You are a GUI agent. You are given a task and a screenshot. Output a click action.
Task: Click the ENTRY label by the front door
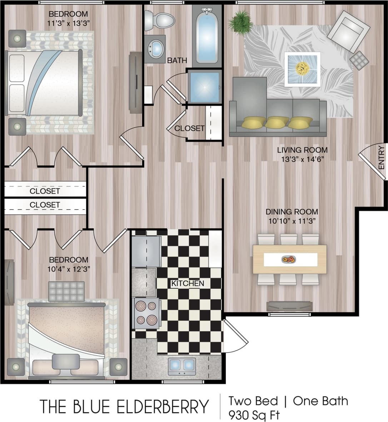pyautogui.click(x=381, y=158)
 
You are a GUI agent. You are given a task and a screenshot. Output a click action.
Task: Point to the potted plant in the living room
pyautogui.click(x=240, y=22)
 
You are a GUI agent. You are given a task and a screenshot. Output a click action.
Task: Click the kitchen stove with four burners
pyautogui.click(x=146, y=313)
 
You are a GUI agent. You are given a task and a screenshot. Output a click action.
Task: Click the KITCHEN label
pyautogui.click(x=188, y=283)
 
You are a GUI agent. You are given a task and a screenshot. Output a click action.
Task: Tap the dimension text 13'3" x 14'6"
pyautogui.click(x=302, y=159)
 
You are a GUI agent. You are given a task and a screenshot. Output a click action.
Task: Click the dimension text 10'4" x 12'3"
pyautogui.click(x=69, y=269)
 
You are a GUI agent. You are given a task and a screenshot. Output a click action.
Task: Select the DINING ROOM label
pyautogui.click(x=292, y=212)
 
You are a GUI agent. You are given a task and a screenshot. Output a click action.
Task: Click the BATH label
pyautogui.click(x=177, y=60)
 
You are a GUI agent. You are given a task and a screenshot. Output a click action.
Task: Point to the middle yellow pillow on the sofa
pyautogui.click(x=277, y=123)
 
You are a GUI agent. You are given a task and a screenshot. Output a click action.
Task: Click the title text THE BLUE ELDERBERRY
pyautogui.click(x=124, y=407)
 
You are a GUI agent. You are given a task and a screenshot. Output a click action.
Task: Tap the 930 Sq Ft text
pyautogui.click(x=254, y=415)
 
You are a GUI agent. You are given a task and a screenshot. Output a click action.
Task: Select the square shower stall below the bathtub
pyautogui.click(x=204, y=87)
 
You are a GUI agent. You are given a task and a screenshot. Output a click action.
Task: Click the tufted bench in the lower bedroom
pyautogui.click(x=66, y=291)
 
